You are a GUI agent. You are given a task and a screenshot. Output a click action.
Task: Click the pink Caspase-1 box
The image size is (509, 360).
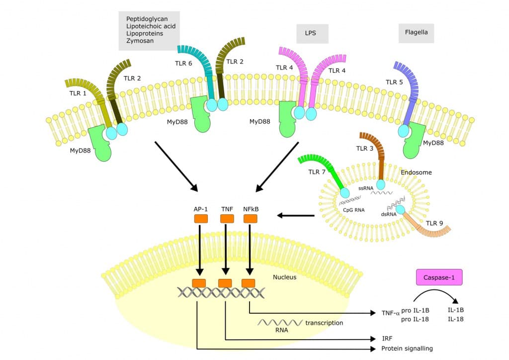439,277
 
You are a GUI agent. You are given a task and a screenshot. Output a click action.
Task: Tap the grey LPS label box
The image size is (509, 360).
312,33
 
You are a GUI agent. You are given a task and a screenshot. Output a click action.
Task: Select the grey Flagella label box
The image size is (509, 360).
416,33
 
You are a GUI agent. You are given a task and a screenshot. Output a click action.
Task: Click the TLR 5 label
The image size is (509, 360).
394,82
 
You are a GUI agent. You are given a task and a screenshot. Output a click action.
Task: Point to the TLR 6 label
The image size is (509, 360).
183,63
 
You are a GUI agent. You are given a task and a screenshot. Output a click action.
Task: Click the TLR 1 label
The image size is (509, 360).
78,93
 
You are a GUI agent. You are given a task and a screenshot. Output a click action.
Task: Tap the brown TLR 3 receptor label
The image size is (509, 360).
364,148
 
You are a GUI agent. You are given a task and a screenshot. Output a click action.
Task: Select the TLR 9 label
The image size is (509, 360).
434,223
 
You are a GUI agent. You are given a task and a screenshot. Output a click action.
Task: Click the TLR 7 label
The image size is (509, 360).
317,172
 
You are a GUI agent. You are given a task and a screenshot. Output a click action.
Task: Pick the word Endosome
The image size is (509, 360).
416,173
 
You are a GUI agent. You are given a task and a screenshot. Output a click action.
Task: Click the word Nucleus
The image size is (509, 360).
284,277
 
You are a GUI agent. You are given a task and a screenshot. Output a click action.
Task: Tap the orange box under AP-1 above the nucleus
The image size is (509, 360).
201,218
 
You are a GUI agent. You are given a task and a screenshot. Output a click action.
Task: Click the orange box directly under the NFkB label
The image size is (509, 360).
251,218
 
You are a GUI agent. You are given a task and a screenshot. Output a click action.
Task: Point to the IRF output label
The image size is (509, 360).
387,339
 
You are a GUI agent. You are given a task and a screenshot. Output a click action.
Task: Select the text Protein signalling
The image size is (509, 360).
407,349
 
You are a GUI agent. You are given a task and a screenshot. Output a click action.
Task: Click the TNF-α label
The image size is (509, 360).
391,313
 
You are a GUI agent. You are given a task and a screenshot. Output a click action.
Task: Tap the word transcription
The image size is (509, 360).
324,323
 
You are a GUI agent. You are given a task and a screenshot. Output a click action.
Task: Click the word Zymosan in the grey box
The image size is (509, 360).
140,41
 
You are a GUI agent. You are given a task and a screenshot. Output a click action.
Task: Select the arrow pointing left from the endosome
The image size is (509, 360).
295,215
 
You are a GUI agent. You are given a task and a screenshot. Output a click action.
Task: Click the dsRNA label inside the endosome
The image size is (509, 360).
389,214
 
